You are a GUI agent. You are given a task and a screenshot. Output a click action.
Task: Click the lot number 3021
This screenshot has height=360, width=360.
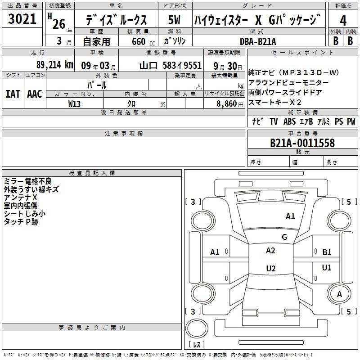click(x=22, y=19)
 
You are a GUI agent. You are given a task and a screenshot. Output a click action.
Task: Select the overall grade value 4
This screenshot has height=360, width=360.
click(x=343, y=21)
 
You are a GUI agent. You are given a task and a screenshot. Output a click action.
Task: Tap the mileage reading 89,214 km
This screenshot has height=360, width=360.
click(x=54, y=65)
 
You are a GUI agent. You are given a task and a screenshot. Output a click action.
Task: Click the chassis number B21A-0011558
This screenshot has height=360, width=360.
click(x=302, y=143)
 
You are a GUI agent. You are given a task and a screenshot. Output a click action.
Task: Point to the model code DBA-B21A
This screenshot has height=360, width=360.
click(x=257, y=41)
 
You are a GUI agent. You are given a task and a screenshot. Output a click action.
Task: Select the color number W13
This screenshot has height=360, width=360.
click(x=74, y=104)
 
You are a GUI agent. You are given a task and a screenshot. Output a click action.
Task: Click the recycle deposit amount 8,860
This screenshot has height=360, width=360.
click(x=227, y=104)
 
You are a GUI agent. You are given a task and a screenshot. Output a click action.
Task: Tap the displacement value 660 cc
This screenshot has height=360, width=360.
click(x=143, y=41)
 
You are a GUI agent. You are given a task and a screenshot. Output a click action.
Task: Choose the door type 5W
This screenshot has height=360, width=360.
click(x=175, y=20)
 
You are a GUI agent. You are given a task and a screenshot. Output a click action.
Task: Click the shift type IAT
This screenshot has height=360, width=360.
click(x=13, y=94)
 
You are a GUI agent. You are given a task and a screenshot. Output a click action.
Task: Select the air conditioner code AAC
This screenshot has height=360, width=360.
click(x=35, y=94)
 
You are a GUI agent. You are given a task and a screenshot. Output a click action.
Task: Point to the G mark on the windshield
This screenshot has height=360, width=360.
click(x=284, y=237)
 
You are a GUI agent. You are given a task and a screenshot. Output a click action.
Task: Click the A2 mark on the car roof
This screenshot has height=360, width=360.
click(x=270, y=251)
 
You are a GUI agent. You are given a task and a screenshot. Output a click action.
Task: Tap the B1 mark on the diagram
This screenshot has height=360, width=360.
click(x=327, y=252)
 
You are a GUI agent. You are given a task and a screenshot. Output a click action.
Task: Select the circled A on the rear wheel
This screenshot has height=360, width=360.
click(x=339, y=294)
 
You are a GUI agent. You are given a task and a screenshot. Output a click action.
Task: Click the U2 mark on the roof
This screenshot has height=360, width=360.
click(x=271, y=268)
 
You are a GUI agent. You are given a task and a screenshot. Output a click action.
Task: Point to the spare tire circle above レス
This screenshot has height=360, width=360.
click(x=197, y=328)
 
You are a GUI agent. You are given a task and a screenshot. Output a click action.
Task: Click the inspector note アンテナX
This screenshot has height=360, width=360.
click(x=20, y=198)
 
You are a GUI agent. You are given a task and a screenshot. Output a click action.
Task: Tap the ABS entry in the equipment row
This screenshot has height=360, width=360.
click(x=289, y=121)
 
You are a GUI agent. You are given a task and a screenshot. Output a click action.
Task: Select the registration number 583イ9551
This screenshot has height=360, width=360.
click(x=182, y=66)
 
